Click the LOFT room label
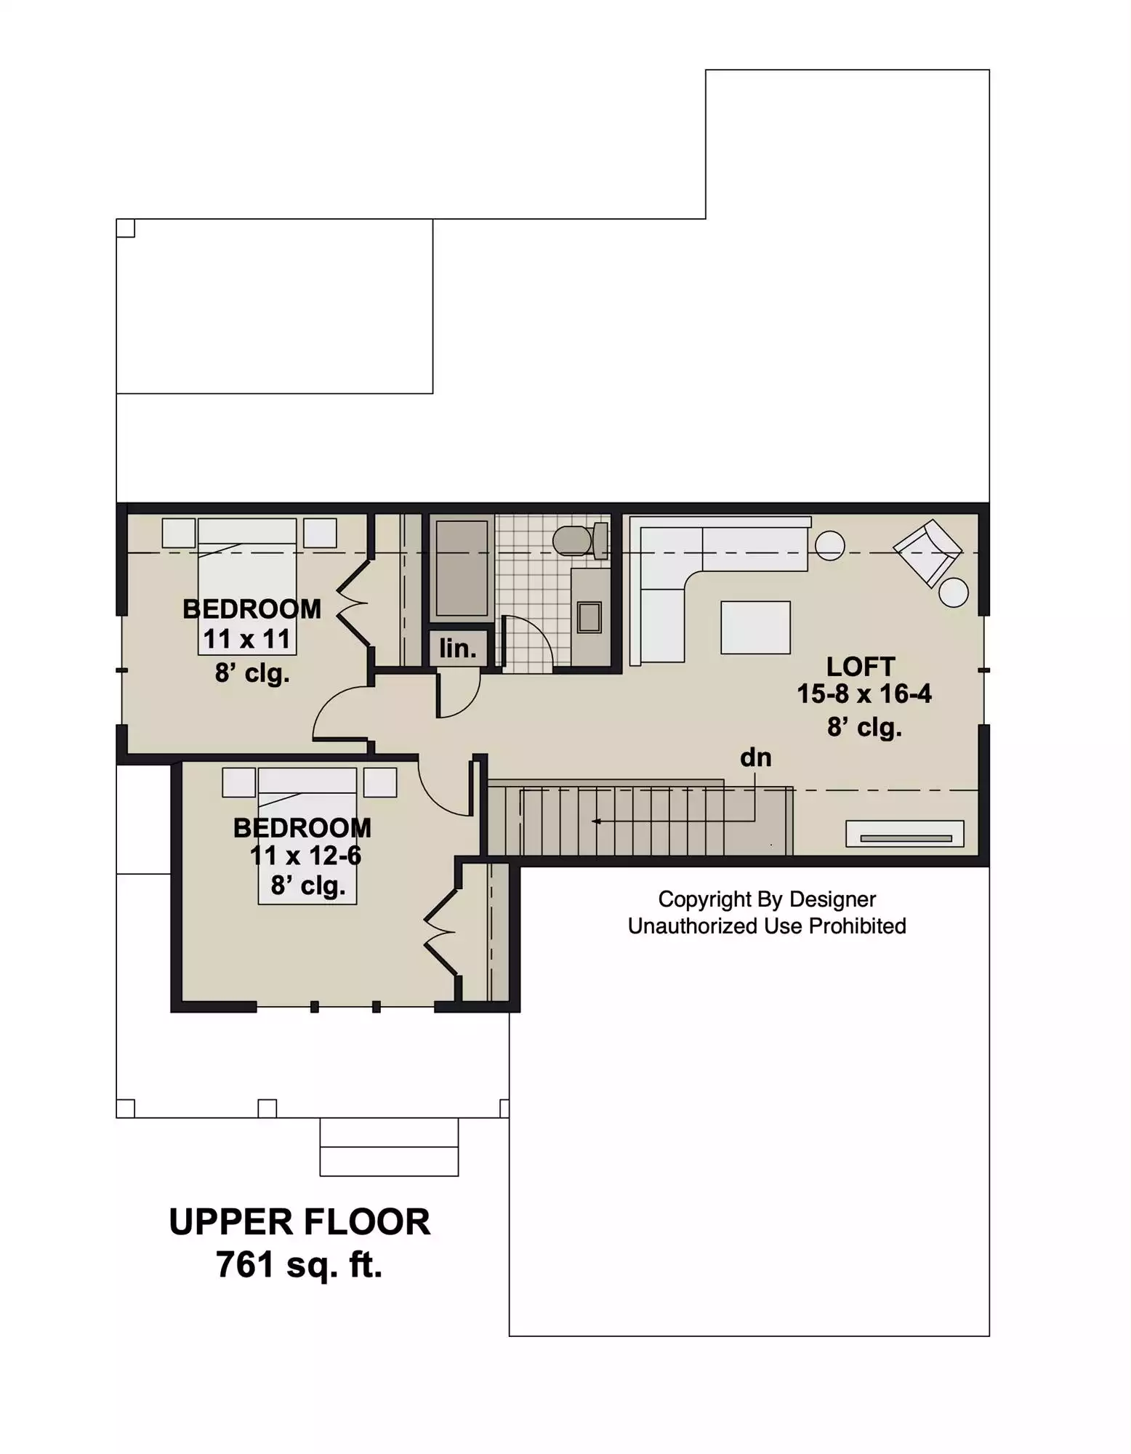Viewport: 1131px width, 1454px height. click(861, 667)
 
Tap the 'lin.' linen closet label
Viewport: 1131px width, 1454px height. click(458, 648)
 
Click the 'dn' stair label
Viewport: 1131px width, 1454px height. click(755, 758)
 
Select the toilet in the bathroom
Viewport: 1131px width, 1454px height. click(580, 540)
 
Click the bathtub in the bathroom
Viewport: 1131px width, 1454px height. click(461, 569)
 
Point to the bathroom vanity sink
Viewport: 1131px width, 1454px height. click(589, 617)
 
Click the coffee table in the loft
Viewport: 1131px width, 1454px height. click(755, 627)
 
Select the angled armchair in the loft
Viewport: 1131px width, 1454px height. click(927, 552)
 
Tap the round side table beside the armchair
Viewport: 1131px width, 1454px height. click(953, 593)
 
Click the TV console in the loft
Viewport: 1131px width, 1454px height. click(905, 834)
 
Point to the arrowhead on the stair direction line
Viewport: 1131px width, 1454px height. click(596, 822)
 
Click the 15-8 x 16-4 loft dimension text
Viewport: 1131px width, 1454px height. click(864, 694)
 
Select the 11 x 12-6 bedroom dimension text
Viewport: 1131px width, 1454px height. click(305, 856)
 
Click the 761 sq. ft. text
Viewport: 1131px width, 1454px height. click(299, 1265)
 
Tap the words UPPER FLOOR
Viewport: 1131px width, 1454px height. click(299, 1222)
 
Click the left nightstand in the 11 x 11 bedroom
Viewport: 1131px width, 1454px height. click(178, 533)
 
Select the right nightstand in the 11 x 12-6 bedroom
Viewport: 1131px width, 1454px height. click(380, 782)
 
